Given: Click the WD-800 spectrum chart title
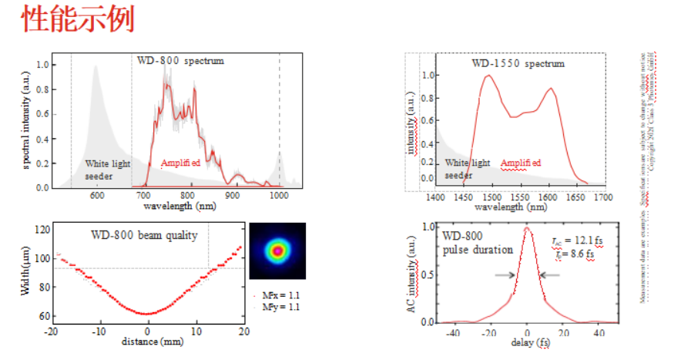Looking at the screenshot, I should (x=180, y=60).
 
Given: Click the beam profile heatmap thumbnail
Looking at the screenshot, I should (x=277, y=251).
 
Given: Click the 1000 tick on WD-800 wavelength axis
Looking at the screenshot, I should (x=279, y=197).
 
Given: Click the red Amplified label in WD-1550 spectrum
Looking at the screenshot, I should (x=521, y=163).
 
